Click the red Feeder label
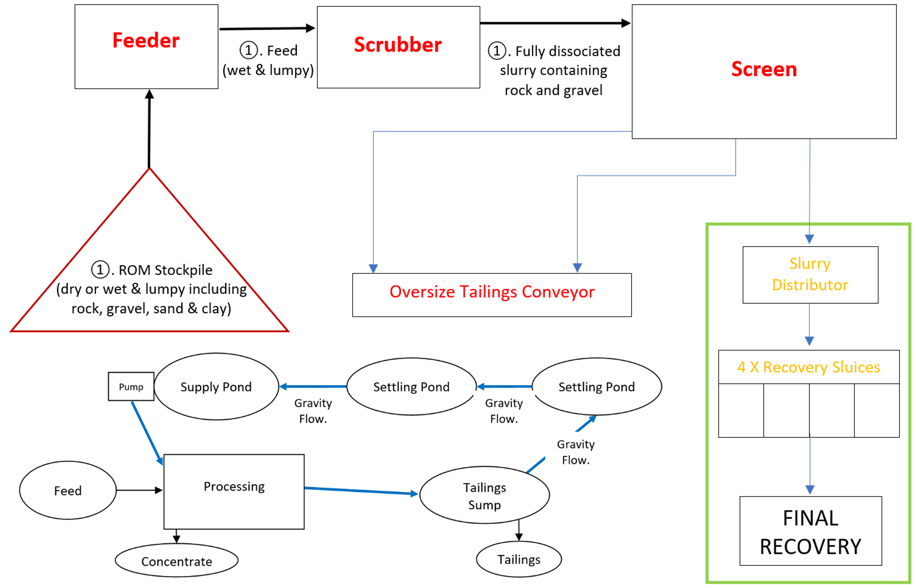(x=146, y=40)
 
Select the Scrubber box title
(x=398, y=45)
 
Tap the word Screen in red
(x=764, y=69)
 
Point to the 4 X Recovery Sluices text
(x=809, y=367)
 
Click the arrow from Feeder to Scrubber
(x=267, y=28)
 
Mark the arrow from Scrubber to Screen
(x=555, y=23)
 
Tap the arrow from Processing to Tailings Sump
(x=361, y=491)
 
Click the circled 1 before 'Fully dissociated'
(x=497, y=50)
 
